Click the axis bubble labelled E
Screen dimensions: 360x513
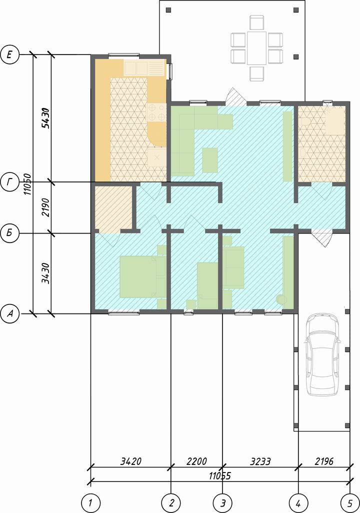pos(10,54)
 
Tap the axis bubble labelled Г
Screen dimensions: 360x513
pos(10,182)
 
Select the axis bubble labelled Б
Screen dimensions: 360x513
pos(10,233)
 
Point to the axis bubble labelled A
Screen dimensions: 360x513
pos(10,314)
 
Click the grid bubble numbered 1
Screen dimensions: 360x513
pos(90,502)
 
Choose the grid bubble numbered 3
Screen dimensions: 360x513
pos(222,502)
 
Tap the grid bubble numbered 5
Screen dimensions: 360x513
pos(350,502)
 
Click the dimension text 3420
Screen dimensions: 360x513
pos(131,461)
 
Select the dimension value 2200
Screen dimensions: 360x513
pos(196,461)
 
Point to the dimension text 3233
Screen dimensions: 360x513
pos(260,461)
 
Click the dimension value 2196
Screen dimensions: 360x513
pos(324,461)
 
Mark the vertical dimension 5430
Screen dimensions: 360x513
pos(46,118)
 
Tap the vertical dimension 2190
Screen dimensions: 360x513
pos(46,207)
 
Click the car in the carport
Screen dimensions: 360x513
pos(322,354)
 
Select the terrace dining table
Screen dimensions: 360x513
pos(256,48)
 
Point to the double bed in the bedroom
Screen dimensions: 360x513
pos(142,277)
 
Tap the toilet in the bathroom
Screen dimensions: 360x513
pos(305,121)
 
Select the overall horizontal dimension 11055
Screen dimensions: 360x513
pos(220,475)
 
